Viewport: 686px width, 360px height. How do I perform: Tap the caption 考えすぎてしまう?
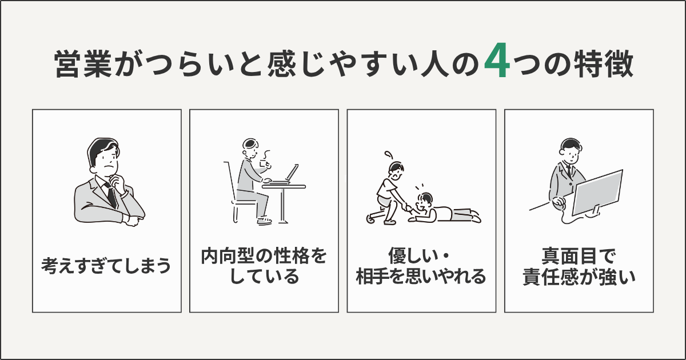[106, 266]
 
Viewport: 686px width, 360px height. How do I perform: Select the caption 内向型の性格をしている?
[264, 266]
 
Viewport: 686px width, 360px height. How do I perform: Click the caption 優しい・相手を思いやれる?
[421, 266]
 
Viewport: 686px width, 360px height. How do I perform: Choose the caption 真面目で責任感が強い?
[578, 266]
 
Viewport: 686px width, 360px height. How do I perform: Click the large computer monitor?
[597, 191]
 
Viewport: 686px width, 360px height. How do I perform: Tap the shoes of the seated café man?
[265, 221]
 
